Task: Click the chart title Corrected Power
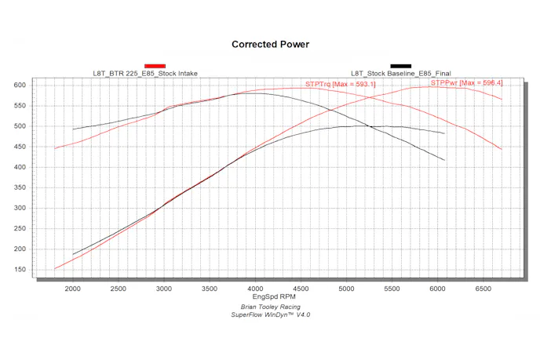270,45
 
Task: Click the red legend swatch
155,66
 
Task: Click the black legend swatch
401,66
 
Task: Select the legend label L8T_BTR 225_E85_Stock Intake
145,74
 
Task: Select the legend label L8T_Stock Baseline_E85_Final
400,74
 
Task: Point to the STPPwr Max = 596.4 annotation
466,82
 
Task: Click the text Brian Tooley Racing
271,306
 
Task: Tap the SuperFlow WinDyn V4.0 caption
271,315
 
